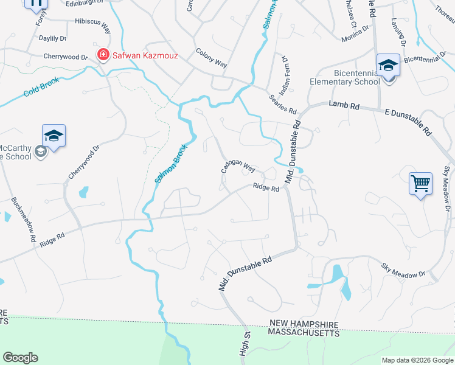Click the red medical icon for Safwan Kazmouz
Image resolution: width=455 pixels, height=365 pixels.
pyautogui.click(x=103, y=55)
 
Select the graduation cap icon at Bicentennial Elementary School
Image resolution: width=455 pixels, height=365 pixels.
pyautogui.click(x=387, y=64)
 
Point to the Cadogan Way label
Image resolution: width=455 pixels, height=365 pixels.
pyautogui.click(x=238, y=167)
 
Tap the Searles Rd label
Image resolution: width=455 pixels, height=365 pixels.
pyautogui.click(x=282, y=103)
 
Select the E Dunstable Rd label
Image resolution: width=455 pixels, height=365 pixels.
pyautogui.click(x=408, y=122)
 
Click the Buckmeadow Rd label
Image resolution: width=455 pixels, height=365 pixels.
pyautogui.click(x=23, y=221)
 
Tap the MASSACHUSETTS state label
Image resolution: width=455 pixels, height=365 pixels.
pyautogui.click(x=304, y=333)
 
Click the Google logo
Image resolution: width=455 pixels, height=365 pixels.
pyautogui.click(x=21, y=358)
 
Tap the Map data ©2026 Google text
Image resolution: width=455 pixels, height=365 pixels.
pyautogui.click(x=417, y=360)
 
